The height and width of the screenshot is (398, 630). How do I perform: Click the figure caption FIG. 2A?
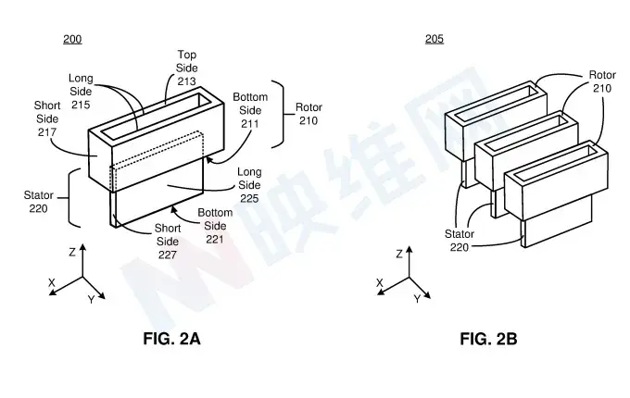point(171,339)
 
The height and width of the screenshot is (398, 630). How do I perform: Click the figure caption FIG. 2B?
point(488,339)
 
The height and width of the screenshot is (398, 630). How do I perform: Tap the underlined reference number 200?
point(72,39)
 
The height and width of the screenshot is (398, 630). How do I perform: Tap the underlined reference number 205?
point(435,39)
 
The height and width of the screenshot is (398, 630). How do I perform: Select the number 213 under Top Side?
point(187,81)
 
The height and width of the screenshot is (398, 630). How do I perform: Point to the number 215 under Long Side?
point(81,105)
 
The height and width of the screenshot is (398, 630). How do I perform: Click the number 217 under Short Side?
point(47,132)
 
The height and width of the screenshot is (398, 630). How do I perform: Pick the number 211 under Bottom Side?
point(250,124)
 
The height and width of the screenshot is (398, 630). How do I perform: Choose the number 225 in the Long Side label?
point(249,198)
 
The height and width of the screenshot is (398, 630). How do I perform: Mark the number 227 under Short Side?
point(168,255)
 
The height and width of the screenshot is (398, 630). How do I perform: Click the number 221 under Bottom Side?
point(215,239)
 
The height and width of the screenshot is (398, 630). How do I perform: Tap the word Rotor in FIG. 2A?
point(309,107)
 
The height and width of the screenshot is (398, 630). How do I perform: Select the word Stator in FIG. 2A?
point(39,195)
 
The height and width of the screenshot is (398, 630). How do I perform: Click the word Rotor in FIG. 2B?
point(602,75)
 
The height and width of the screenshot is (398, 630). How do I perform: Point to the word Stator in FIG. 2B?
point(460,234)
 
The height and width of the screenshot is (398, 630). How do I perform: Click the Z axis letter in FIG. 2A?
point(72,252)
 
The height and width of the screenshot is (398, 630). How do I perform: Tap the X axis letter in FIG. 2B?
point(379,283)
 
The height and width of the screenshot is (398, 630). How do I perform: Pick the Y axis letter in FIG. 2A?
point(91,300)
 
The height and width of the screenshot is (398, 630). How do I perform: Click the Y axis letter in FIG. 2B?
point(418,299)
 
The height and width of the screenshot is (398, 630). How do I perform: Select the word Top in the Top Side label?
point(187,55)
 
